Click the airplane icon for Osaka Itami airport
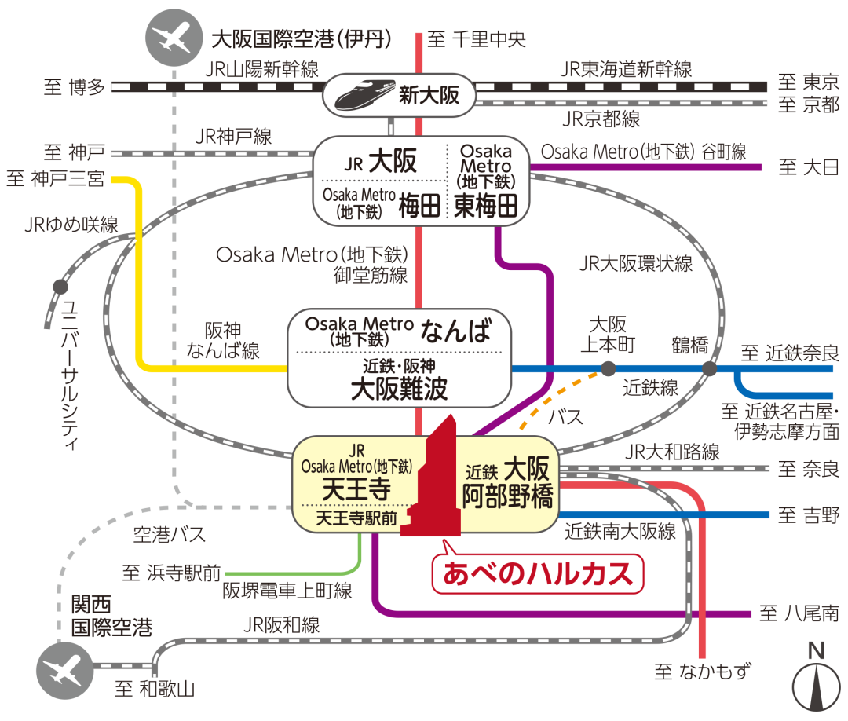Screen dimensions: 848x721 click(x=174, y=38)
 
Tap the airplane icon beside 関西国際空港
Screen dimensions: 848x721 click(x=65, y=671)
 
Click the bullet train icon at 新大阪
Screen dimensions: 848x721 click(x=365, y=94)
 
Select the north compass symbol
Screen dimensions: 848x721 click(x=816, y=679)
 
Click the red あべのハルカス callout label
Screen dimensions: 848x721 click(x=538, y=574)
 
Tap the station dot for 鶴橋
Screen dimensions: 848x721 click(x=710, y=369)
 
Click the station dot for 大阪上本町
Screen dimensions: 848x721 click(x=609, y=369)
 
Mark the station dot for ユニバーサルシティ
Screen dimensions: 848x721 click(x=60, y=287)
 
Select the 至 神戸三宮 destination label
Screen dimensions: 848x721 click(x=55, y=178)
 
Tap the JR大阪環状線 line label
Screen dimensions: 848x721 click(x=636, y=263)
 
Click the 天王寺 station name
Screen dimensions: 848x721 click(x=356, y=489)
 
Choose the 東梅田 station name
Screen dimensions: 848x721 click(x=486, y=206)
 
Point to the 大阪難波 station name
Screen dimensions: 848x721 click(x=399, y=388)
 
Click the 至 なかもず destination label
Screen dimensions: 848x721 click(x=703, y=672)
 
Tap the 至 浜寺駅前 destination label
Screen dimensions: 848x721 click(x=171, y=573)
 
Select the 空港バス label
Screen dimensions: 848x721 click(x=170, y=534)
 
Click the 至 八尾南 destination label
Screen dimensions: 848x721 click(x=799, y=613)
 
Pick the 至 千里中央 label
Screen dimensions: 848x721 click(x=477, y=39)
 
